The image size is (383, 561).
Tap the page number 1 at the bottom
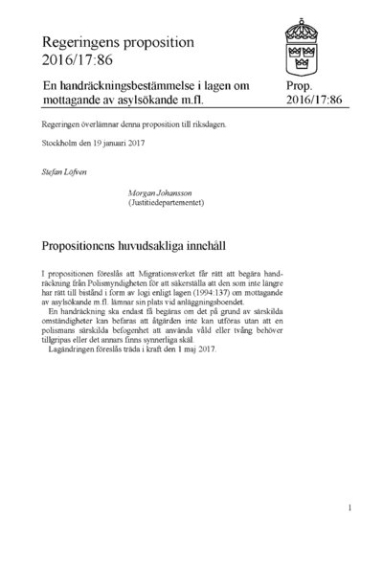(350, 508)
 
